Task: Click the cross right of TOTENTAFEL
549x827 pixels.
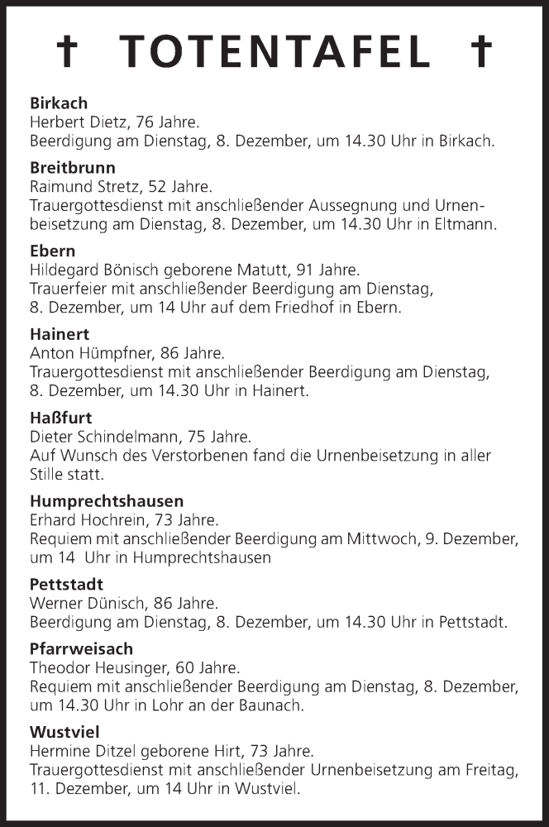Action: [x=480, y=52]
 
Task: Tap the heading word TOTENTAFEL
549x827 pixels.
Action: [x=275, y=52]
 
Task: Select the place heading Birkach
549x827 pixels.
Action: [x=59, y=103]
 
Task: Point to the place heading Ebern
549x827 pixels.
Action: [x=52, y=251]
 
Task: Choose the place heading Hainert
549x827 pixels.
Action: [x=60, y=334]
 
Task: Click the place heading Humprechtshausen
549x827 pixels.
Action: [x=107, y=500]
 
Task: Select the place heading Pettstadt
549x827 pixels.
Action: [x=66, y=584]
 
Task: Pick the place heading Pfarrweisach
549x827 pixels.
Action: [x=81, y=648]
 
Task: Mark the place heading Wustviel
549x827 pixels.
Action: [x=64, y=732]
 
